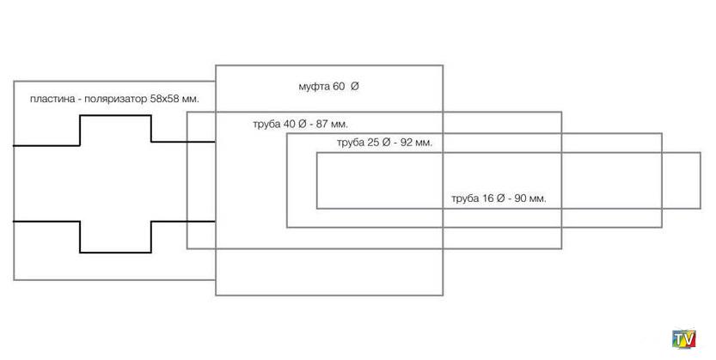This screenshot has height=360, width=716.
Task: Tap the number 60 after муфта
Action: [339, 88]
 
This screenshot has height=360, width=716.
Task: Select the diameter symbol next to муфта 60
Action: [354, 88]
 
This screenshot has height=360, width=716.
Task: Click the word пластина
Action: [50, 100]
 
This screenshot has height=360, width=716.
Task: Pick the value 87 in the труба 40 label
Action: [318, 125]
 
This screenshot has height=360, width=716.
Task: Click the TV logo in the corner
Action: [684, 339]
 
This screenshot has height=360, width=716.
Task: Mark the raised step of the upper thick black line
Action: [115, 118]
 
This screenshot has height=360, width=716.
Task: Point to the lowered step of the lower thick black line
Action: [115, 251]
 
